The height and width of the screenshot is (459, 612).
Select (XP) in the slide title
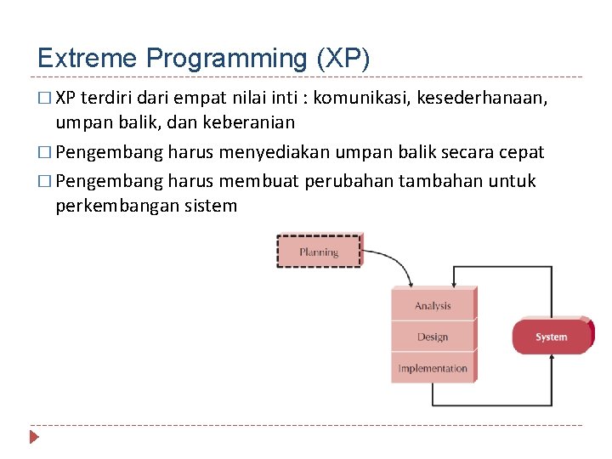[x=343, y=58]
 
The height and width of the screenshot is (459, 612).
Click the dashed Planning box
[x=319, y=252]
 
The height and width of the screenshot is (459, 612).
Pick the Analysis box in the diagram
[x=433, y=306]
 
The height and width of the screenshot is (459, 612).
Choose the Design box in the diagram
[x=433, y=337]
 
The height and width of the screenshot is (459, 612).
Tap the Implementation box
[x=433, y=369]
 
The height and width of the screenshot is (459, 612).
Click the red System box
[x=552, y=337]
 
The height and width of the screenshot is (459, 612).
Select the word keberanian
[x=252, y=122]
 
